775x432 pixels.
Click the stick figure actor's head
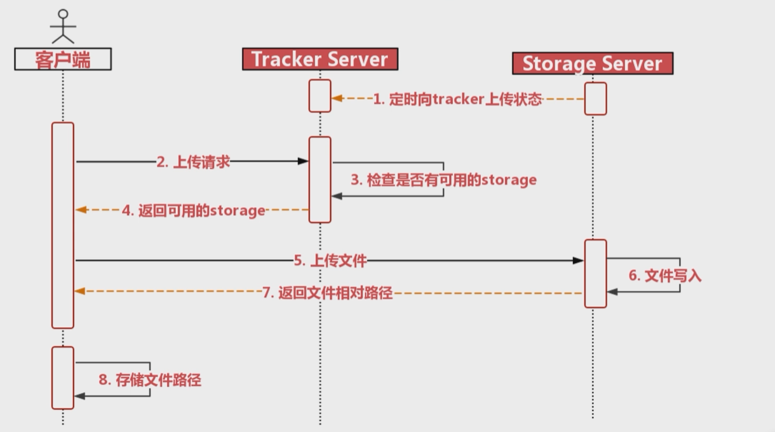coord(63,14)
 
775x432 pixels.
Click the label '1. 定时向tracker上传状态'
coord(457,99)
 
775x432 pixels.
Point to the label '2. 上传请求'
coord(193,162)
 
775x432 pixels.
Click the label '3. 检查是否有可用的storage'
coord(443,180)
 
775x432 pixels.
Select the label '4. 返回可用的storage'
coord(193,211)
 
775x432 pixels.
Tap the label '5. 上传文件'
coord(330,260)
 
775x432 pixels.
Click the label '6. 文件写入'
coord(664,276)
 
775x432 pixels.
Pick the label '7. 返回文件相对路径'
coord(327,293)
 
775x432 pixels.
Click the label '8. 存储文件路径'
coord(150,380)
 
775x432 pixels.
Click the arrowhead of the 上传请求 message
coord(303,161)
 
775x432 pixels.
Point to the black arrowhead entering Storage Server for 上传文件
coord(578,260)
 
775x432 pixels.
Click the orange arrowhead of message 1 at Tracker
coord(337,98)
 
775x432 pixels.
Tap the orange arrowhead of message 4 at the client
coord(81,210)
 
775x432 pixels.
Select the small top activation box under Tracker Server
coord(320,96)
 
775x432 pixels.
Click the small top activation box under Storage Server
coord(595,98)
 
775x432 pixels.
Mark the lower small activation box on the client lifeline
coord(63,378)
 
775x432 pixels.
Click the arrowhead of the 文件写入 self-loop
coord(612,292)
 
